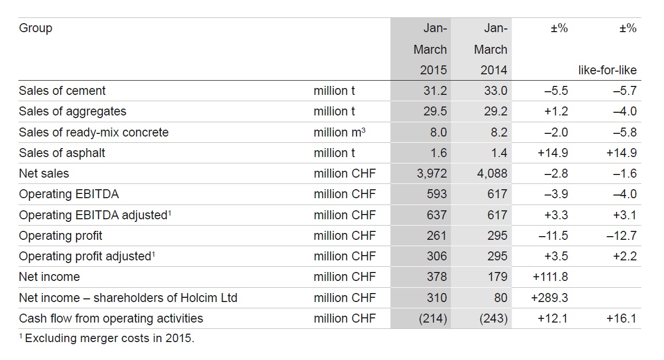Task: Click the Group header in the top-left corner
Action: (x=35, y=28)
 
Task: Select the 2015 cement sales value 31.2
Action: (x=435, y=91)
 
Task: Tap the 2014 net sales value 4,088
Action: (x=492, y=173)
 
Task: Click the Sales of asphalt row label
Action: (x=62, y=153)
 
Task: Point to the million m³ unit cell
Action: (x=340, y=132)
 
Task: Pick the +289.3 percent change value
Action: (x=549, y=298)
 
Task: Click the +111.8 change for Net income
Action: (x=550, y=277)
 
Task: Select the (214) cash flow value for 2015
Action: (x=433, y=318)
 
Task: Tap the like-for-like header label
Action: (x=608, y=70)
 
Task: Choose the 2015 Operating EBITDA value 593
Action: (x=437, y=194)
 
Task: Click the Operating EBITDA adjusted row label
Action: (x=95, y=215)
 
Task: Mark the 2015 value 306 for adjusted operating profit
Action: (x=437, y=256)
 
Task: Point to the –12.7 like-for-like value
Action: (x=621, y=236)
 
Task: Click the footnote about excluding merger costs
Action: (x=107, y=338)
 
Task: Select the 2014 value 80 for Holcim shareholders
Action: (x=501, y=298)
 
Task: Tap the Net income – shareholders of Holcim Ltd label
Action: (x=128, y=298)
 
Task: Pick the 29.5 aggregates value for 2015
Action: (x=435, y=111)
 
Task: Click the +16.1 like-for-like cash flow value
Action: (x=621, y=318)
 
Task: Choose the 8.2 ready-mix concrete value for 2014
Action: (x=499, y=132)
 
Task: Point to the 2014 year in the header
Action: (x=494, y=70)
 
